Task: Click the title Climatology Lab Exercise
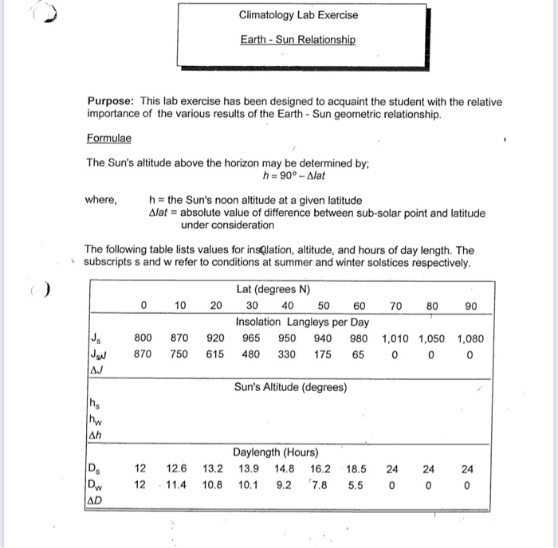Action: (x=298, y=15)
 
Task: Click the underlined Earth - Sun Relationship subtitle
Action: (x=298, y=40)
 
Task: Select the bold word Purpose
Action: (x=111, y=102)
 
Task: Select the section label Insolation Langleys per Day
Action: (x=302, y=322)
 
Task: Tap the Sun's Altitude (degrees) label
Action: (x=290, y=388)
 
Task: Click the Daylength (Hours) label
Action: (x=277, y=452)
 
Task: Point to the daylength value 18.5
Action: (x=356, y=468)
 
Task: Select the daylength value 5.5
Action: (x=356, y=483)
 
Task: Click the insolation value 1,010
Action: (x=397, y=338)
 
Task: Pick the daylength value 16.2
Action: (x=320, y=468)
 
